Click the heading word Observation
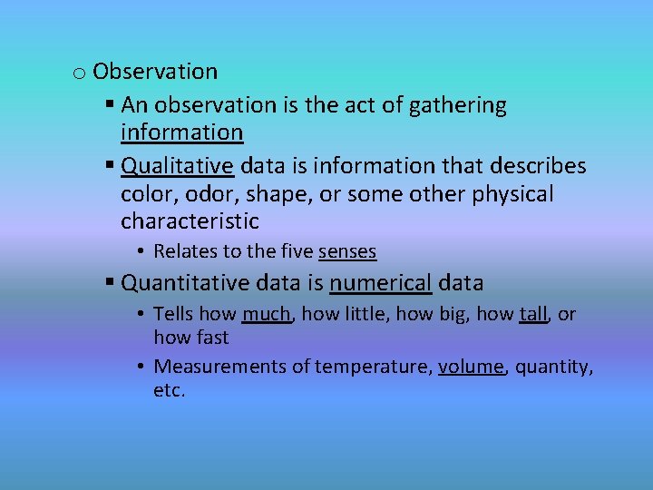[155, 72]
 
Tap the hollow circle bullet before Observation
[79, 73]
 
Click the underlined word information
[181, 132]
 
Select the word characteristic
[190, 221]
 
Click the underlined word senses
[347, 251]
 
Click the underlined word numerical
[380, 283]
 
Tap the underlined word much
[267, 314]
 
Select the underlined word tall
[533, 314]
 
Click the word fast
[211, 338]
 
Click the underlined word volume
[471, 367]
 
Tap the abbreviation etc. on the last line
[170, 391]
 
